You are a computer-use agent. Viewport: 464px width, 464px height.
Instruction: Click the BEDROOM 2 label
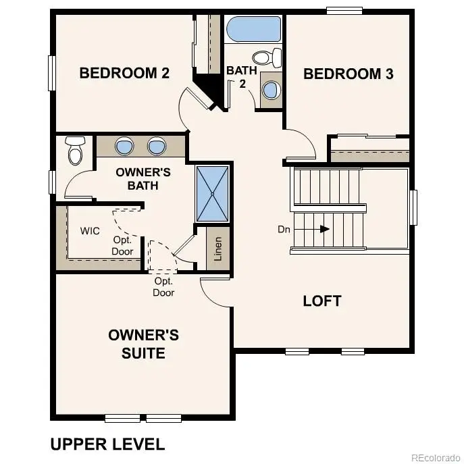(x=124, y=73)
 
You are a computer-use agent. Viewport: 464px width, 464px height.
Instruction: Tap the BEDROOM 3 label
(x=348, y=74)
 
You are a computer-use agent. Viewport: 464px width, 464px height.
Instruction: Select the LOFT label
(x=322, y=301)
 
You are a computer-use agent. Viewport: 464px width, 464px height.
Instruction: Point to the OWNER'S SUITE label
(x=143, y=344)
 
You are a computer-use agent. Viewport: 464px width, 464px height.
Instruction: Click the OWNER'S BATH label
(x=143, y=178)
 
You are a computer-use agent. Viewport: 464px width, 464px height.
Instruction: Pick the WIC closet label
(x=90, y=231)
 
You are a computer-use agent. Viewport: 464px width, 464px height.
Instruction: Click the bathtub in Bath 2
(x=254, y=30)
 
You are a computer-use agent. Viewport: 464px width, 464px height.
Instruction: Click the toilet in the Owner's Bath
(x=74, y=151)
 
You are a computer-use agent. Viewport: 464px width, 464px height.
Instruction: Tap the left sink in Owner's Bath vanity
(x=125, y=145)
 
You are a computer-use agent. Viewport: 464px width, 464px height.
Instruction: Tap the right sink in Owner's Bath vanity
(x=157, y=145)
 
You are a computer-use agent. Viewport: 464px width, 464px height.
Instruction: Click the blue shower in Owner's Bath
(x=213, y=193)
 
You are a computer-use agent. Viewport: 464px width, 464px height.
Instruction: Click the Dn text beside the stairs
(x=284, y=230)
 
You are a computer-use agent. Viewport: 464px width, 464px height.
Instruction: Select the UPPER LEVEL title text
(x=107, y=444)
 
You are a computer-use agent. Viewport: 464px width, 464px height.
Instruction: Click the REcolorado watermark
(x=434, y=455)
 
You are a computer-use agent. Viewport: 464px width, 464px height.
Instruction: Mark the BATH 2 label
(x=240, y=76)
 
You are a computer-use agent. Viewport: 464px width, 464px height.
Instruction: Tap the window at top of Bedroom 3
(x=345, y=9)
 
